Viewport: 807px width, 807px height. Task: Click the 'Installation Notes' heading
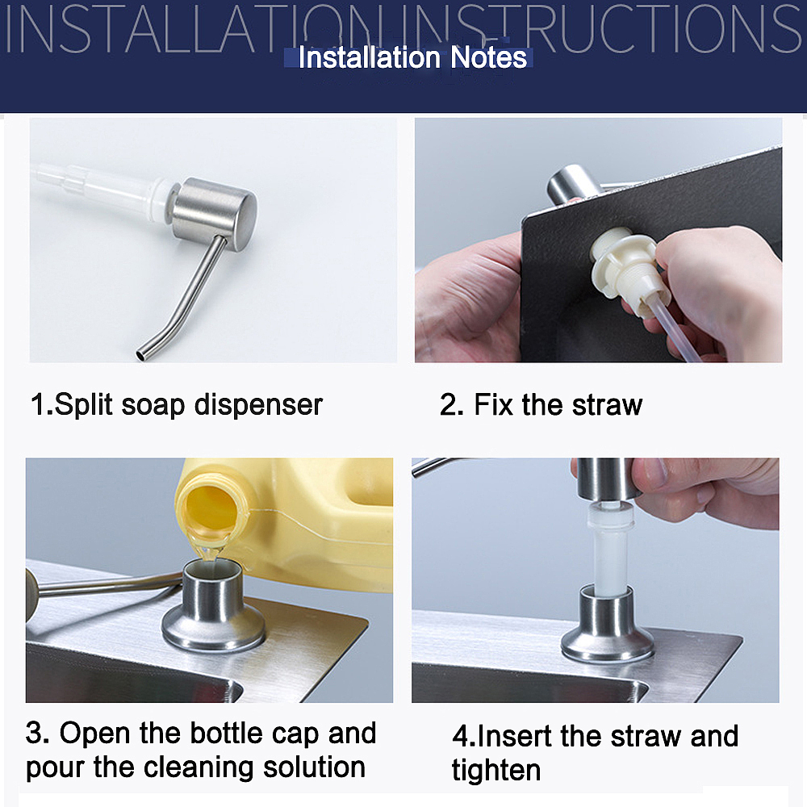pyautogui.click(x=412, y=58)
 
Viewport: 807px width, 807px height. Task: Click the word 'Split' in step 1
pyautogui.click(x=84, y=404)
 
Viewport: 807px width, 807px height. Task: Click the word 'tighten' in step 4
pyautogui.click(x=495, y=770)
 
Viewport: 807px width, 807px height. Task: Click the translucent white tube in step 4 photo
pyautogui.click(x=608, y=549)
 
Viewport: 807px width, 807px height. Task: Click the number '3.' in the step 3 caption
pyautogui.click(x=38, y=734)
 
